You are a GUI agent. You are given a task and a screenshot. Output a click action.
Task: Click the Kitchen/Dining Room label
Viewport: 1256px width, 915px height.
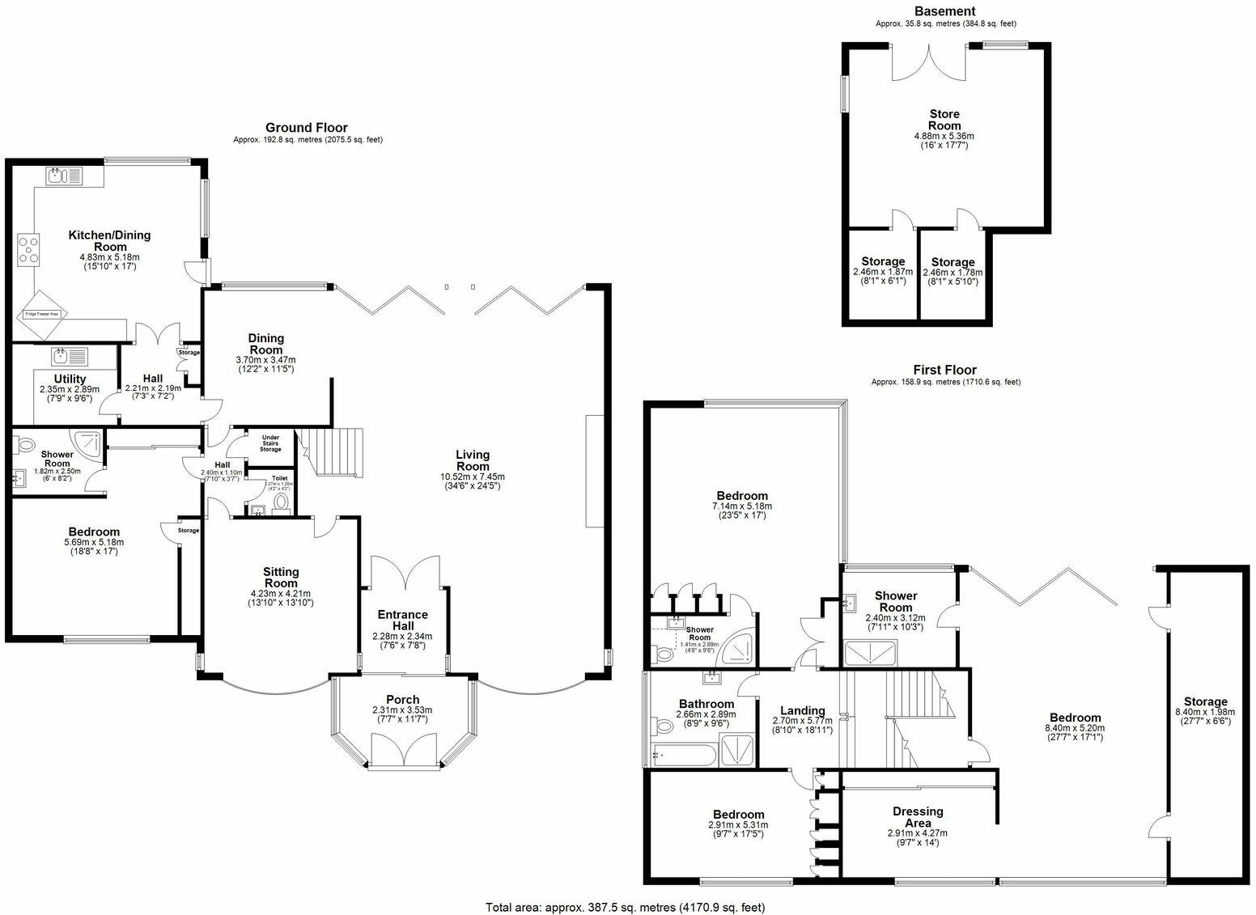point(109,241)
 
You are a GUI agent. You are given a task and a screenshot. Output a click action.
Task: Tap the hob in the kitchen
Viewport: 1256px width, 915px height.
point(28,248)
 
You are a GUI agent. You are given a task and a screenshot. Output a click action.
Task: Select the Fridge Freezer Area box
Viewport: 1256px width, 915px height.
point(42,314)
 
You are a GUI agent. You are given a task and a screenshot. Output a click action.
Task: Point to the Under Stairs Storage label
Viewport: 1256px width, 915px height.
point(270,443)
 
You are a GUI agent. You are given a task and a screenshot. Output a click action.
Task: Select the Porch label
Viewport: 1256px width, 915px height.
point(402,700)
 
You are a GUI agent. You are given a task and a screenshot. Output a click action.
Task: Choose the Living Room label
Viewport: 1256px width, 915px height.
point(473,460)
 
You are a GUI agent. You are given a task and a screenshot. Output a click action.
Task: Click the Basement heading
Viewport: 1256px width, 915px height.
point(944,11)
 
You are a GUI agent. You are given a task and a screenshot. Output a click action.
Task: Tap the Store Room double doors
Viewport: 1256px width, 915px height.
point(929,62)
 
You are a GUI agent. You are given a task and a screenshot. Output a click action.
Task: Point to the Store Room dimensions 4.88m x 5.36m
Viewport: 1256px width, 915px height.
point(944,137)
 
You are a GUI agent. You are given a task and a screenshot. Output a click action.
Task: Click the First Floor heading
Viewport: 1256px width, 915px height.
point(945,370)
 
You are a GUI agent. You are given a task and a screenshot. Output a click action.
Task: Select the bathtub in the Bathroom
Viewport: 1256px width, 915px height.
point(683,756)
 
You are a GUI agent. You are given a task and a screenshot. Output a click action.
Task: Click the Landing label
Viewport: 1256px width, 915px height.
point(799,710)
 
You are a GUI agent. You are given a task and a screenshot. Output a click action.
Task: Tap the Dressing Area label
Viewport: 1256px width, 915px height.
point(918,817)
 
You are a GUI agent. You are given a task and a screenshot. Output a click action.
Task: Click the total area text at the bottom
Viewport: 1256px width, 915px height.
point(625,907)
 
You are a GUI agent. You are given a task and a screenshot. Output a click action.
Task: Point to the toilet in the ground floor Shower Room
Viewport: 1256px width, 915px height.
point(24,443)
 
